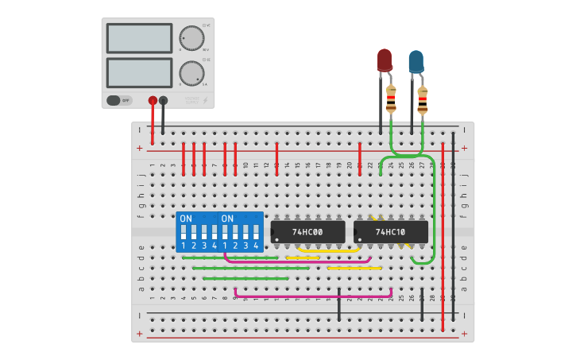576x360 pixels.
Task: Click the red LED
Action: (x=385, y=60)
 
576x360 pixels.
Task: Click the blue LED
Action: (x=416, y=61)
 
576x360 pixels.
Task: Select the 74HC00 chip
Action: (x=307, y=232)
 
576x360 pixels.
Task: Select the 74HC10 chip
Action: (x=391, y=232)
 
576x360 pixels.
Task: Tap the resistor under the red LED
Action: (x=391, y=100)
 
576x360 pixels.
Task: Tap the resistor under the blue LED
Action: (x=422, y=100)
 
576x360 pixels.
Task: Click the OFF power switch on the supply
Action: (x=118, y=100)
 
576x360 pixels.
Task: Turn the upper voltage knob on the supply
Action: (x=191, y=37)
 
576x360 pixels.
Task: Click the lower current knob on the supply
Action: (x=191, y=73)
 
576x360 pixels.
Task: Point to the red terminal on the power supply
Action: (x=153, y=100)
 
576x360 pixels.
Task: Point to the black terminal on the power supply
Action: (x=163, y=100)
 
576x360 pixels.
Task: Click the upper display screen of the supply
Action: (x=139, y=38)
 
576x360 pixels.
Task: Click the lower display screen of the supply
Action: (x=139, y=72)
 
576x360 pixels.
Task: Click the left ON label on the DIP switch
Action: (x=186, y=219)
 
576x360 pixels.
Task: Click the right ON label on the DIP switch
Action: (x=227, y=219)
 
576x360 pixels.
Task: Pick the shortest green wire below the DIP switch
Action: (x=245, y=278)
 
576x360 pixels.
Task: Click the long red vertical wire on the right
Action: (x=443, y=238)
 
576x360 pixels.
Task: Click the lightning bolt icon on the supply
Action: (x=207, y=101)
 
